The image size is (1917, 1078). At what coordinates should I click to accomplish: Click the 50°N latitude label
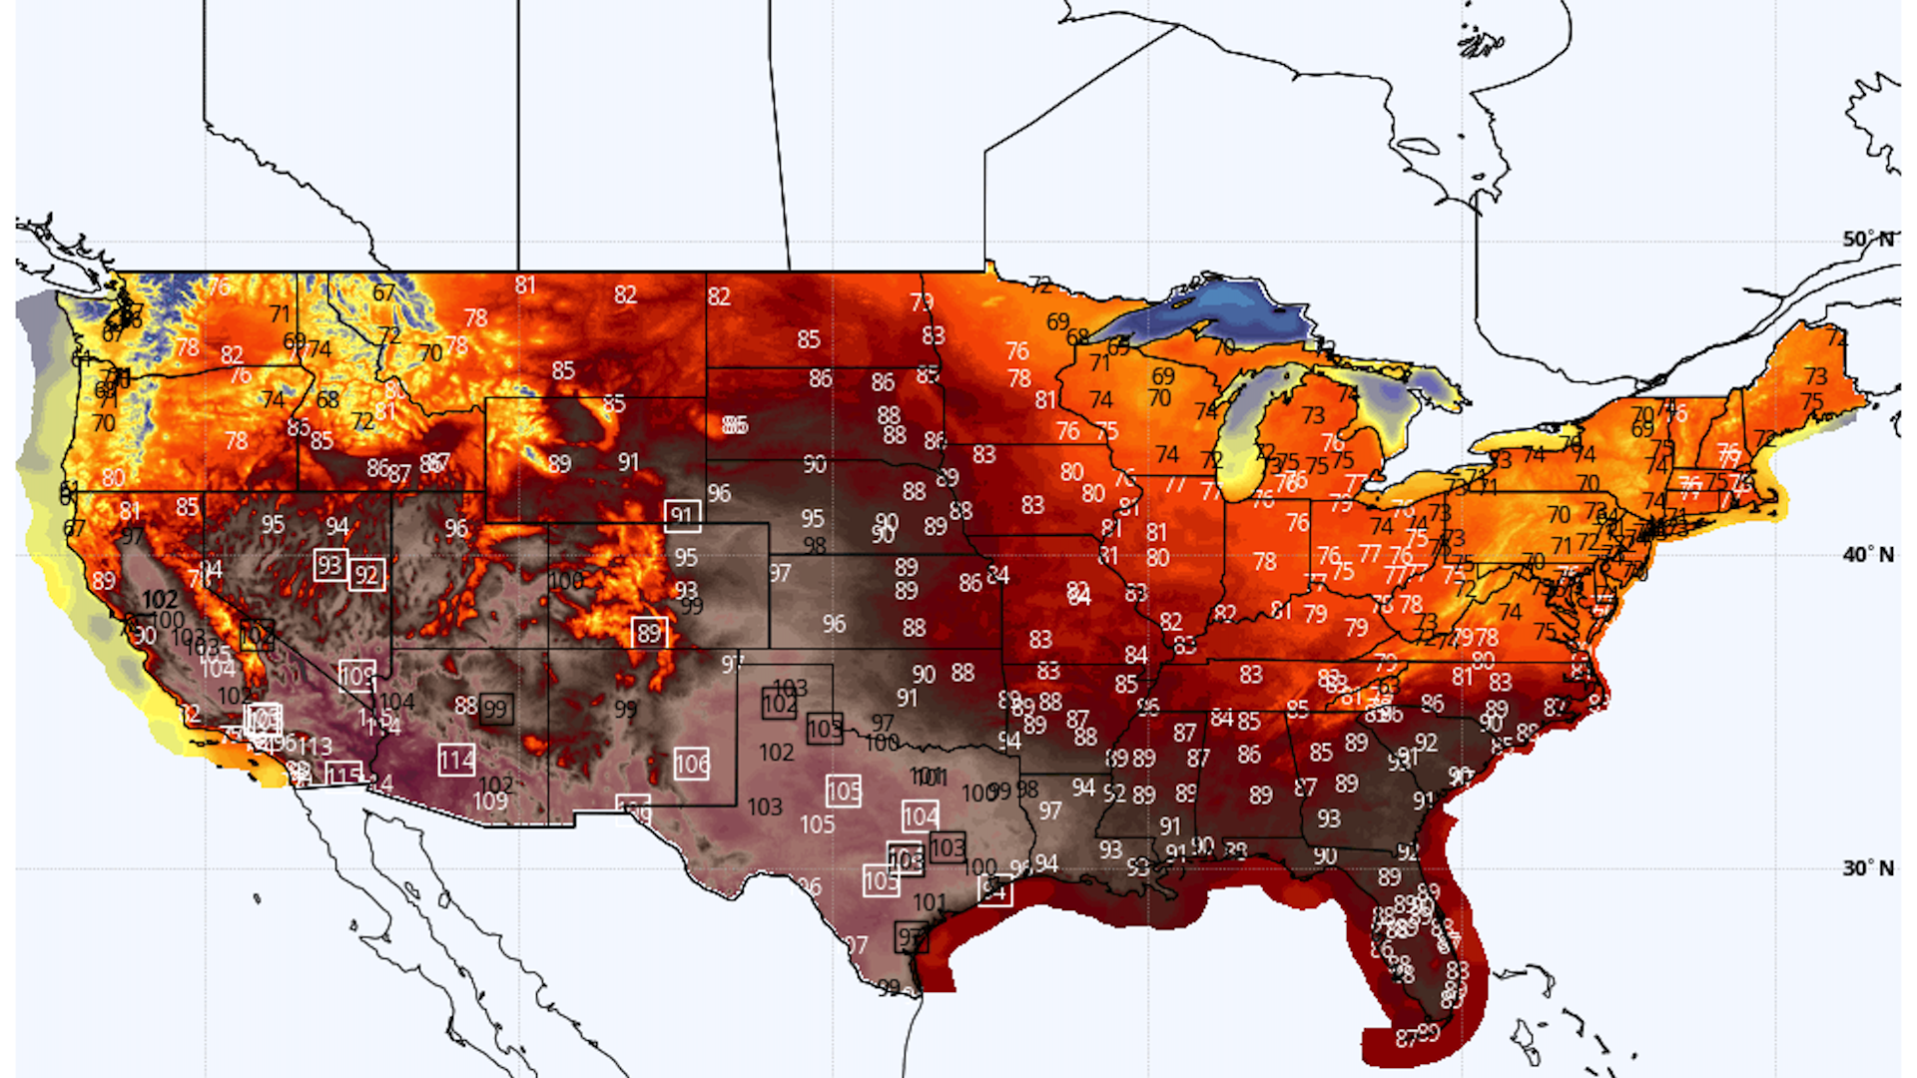(x=1867, y=240)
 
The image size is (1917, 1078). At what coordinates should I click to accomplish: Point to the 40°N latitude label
(x=1867, y=555)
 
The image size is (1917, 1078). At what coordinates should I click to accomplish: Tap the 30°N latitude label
(x=1867, y=868)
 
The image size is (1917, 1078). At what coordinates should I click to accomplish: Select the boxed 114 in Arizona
(x=456, y=761)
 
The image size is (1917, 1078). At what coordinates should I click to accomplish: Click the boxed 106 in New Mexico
(x=691, y=766)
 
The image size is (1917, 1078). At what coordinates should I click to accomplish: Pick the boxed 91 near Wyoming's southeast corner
(x=682, y=516)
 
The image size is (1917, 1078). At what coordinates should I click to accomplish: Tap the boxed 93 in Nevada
(x=329, y=566)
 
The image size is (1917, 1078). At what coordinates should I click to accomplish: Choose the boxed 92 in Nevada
(x=366, y=575)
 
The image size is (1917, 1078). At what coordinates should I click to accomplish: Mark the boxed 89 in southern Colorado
(x=649, y=633)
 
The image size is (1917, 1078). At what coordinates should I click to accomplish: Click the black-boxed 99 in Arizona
(x=495, y=710)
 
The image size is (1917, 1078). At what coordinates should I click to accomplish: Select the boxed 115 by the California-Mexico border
(x=343, y=776)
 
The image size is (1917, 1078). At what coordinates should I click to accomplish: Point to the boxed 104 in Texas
(x=920, y=817)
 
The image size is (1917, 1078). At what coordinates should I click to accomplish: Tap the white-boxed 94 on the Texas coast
(x=994, y=889)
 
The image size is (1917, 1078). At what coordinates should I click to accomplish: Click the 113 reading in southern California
(x=315, y=747)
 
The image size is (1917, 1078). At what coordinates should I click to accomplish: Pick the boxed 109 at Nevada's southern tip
(x=356, y=677)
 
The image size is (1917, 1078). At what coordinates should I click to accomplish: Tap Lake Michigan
(x=1243, y=429)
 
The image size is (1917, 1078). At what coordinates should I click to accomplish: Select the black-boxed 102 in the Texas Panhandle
(x=779, y=705)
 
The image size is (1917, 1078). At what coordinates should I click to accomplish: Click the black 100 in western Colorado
(x=565, y=581)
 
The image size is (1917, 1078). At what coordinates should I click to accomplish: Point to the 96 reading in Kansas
(x=834, y=625)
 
